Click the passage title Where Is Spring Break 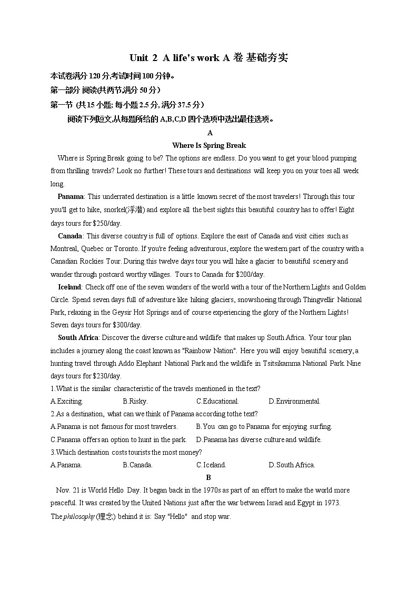[x=209, y=145]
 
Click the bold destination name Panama [x=71, y=197]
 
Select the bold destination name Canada [x=70, y=236]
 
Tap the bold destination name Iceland [x=69, y=287]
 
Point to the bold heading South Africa [x=78, y=338]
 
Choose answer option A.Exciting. [x=66, y=402]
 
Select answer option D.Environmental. [x=294, y=402]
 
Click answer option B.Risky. [x=135, y=402]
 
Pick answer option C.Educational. [x=217, y=402]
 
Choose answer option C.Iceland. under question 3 [x=211, y=465]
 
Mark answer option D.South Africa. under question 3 [x=292, y=465]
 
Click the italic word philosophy [x=79, y=517]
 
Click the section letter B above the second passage [x=208, y=478]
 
